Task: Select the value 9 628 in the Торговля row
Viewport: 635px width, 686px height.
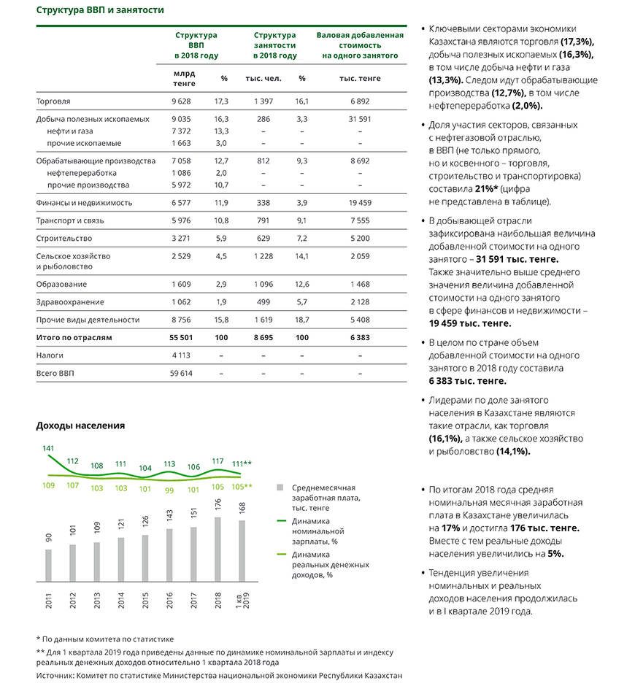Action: tap(180, 101)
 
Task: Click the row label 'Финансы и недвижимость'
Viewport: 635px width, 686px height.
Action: tap(84, 202)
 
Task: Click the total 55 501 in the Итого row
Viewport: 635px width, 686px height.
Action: tap(180, 337)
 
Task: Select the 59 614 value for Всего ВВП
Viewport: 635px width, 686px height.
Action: tap(180, 373)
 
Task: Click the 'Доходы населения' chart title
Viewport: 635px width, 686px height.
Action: tap(80, 425)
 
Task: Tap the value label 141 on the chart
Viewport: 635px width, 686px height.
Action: tap(48, 448)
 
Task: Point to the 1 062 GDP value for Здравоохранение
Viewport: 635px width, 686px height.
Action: tap(180, 302)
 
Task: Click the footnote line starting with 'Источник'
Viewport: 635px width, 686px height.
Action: tap(219, 676)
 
